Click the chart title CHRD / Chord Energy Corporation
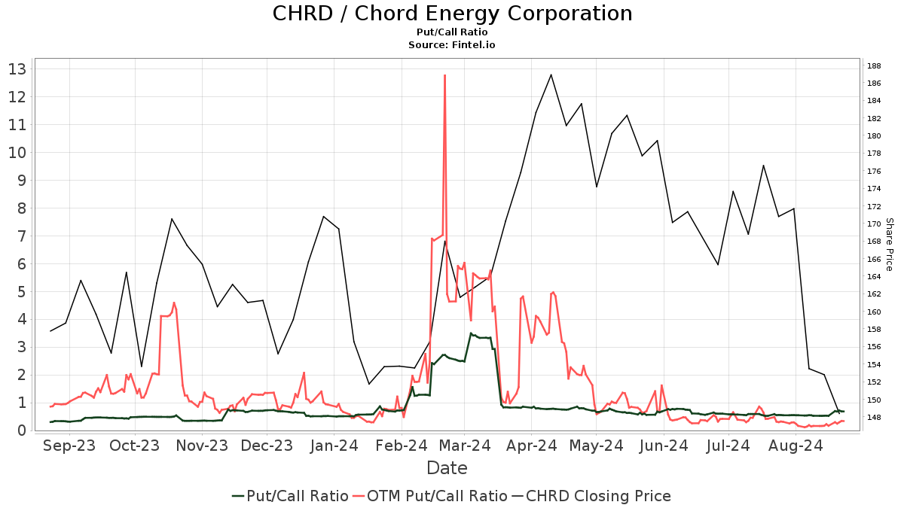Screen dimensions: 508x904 click(x=452, y=14)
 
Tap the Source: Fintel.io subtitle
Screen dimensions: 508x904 click(x=452, y=45)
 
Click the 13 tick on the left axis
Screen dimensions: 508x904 click(x=17, y=69)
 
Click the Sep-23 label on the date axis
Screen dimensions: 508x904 click(x=69, y=446)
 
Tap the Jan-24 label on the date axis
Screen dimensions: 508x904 click(x=334, y=446)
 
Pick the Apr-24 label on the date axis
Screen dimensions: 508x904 click(x=532, y=446)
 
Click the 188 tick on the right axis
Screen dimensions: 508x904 click(x=875, y=65)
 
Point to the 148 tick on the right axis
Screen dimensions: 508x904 click(x=875, y=418)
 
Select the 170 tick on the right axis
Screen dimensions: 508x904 click(x=875, y=224)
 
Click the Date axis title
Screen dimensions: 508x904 click(x=447, y=468)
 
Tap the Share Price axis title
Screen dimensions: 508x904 click(x=889, y=245)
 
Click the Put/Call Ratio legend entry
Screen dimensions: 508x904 click(x=290, y=496)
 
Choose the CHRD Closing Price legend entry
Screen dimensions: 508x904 click(x=591, y=496)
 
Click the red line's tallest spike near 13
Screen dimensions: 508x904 click(x=445, y=75)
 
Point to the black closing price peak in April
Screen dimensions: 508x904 click(x=551, y=75)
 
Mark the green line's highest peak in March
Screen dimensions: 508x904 click(x=471, y=333)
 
